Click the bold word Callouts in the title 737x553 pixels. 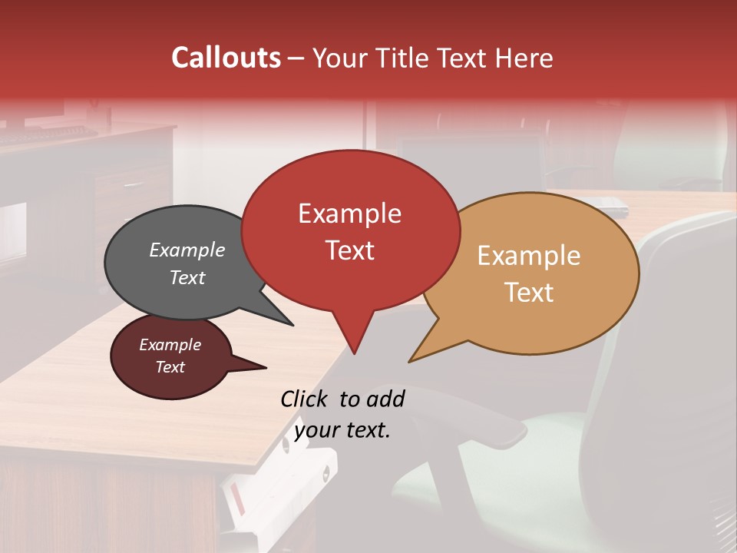click(226, 58)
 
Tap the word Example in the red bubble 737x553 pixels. click(349, 214)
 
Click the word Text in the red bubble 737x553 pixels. click(349, 250)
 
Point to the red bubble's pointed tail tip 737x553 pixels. click(354, 353)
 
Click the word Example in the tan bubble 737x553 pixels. click(529, 256)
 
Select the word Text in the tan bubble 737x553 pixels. click(529, 293)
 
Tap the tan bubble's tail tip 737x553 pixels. click(410, 361)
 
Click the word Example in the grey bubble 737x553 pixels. click(187, 250)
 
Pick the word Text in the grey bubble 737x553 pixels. click(187, 277)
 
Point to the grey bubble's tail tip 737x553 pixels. click(292, 325)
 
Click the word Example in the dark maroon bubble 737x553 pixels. click(170, 345)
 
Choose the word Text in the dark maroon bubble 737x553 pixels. click(170, 367)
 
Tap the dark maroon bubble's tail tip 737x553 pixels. click(266, 367)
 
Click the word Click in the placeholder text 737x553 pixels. click(305, 399)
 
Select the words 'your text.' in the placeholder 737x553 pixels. click(342, 430)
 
